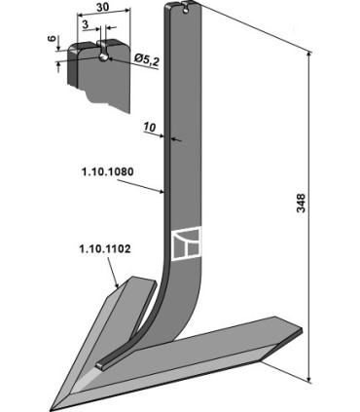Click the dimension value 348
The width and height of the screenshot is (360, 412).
pyautogui.click(x=301, y=203)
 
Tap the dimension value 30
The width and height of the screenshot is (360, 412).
pyautogui.click(x=102, y=7)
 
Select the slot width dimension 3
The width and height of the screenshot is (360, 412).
pyautogui.click(x=86, y=24)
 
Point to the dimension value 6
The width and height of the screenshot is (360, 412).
pyautogui.click(x=52, y=39)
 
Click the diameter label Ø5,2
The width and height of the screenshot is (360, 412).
pyautogui.click(x=146, y=60)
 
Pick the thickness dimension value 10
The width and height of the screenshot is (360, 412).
pyautogui.click(x=150, y=128)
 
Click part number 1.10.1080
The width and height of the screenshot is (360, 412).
pyautogui.click(x=107, y=171)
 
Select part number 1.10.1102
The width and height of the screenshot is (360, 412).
pyautogui.click(x=105, y=249)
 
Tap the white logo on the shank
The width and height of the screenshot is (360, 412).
pyautogui.click(x=186, y=243)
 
